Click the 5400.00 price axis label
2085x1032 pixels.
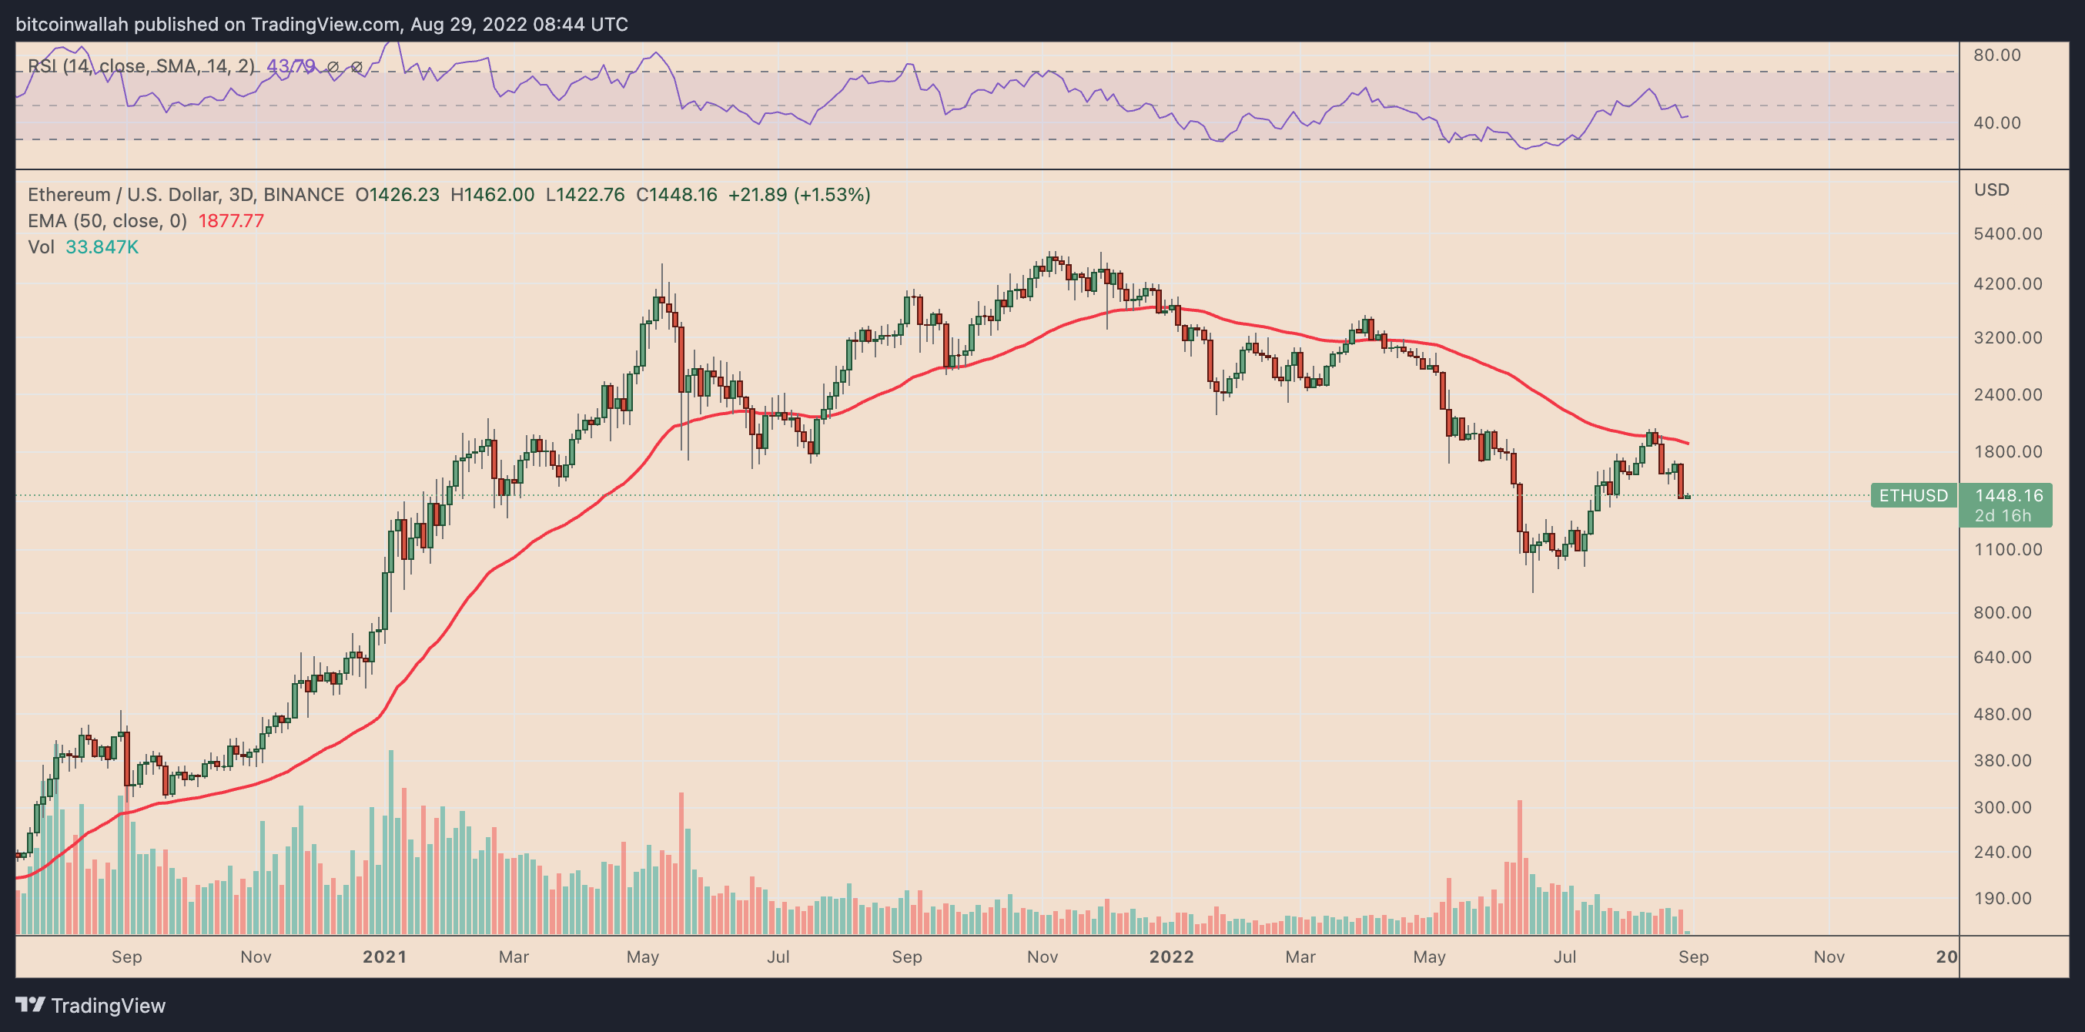tap(2007, 234)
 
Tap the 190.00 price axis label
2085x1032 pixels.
tap(2003, 899)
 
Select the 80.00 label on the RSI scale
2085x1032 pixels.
tap(1996, 55)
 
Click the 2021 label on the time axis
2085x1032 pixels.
tap(384, 957)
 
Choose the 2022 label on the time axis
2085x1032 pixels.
tap(1171, 957)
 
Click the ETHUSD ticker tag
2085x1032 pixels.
tap(1913, 495)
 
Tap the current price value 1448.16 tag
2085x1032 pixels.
tap(2008, 495)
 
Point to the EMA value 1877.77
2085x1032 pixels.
tap(231, 221)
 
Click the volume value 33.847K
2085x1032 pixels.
tap(102, 247)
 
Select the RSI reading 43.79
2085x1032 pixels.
tap(290, 66)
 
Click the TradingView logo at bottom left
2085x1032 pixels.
tap(91, 1005)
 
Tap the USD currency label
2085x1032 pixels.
tap(1991, 189)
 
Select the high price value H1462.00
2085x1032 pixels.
tap(492, 195)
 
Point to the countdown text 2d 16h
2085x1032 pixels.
tap(2003, 515)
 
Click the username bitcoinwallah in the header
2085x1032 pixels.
tap(72, 25)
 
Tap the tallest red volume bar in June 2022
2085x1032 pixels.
tap(1520, 866)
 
